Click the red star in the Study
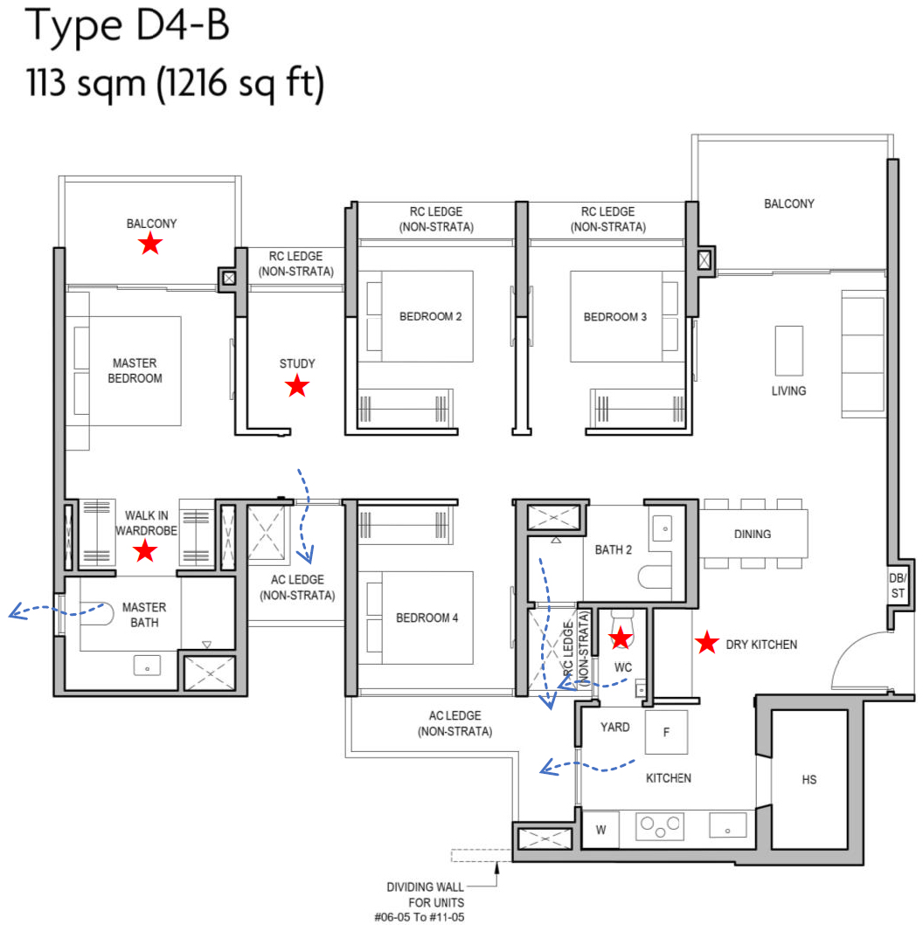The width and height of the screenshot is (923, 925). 297,385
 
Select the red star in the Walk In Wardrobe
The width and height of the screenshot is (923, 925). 145,550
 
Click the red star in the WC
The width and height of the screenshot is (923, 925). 621,638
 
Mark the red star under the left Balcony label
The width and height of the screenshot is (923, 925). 150,244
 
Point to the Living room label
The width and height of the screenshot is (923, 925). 788,390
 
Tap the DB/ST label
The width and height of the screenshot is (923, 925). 898,586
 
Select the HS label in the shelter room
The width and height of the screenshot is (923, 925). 809,779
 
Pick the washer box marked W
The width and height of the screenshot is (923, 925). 601,829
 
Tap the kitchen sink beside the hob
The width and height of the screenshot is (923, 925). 727,825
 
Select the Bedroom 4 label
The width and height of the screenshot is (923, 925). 427,618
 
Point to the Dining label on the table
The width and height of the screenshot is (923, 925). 753,534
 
